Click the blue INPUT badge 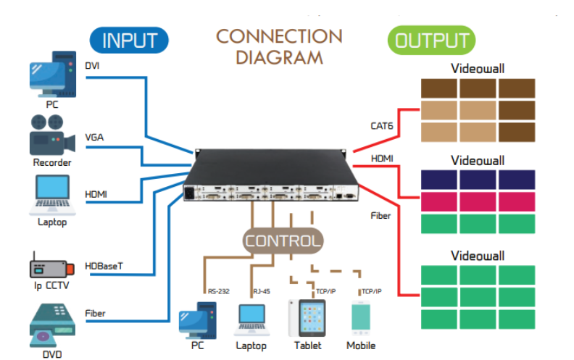[x=128, y=40]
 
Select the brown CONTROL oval [x=282, y=240]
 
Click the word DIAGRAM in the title [x=279, y=57]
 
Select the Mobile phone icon [x=361, y=319]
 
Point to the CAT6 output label [x=383, y=126]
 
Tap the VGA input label [x=94, y=137]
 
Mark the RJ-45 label [x=261, y=292]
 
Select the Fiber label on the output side [x=381, y=215]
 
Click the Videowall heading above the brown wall [x=478, y=69]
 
